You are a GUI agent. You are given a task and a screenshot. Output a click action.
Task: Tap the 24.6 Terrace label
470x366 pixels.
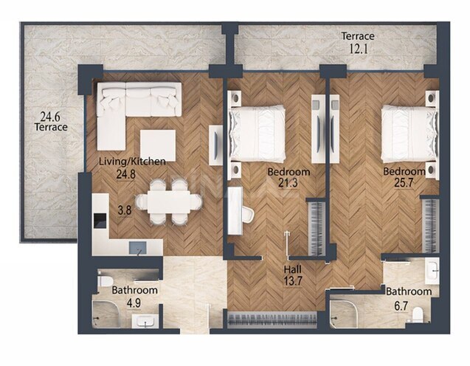pos(50,120)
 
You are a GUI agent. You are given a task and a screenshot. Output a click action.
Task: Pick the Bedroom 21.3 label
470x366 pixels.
pos(288,177)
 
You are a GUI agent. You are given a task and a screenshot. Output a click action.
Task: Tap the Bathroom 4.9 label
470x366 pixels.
pos(134,296)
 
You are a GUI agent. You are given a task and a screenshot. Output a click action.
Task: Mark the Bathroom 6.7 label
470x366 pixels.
pos(409,297)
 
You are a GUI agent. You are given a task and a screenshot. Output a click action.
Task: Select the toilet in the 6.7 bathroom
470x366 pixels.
pos(418,316)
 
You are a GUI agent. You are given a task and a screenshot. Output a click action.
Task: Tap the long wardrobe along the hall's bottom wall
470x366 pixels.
pos(274,320)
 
